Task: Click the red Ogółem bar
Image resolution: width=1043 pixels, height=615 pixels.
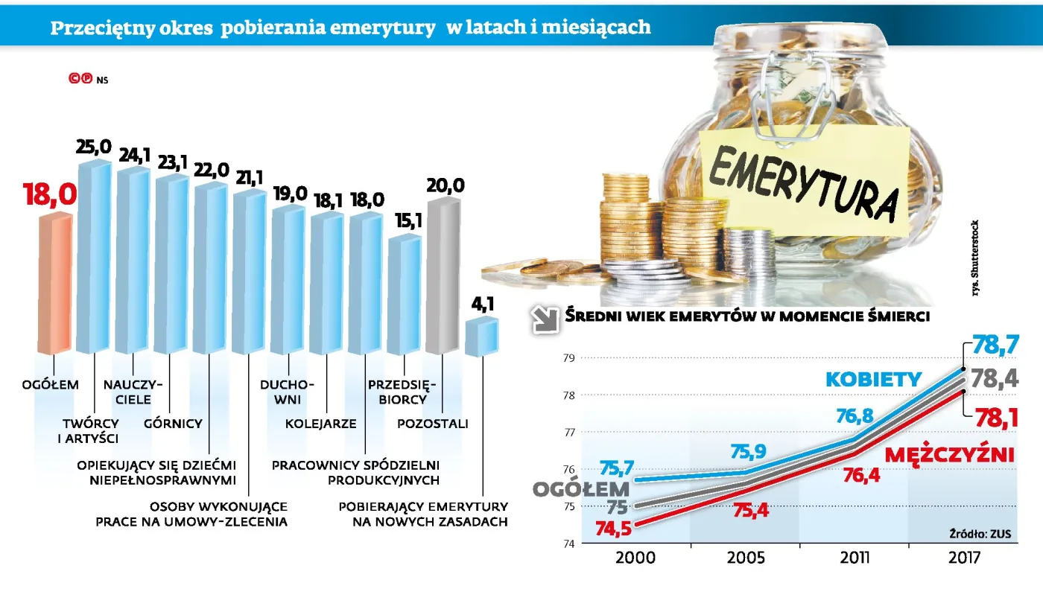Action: click(x=55, y=283)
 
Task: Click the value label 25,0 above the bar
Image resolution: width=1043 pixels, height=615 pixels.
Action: click(x=93, y=148)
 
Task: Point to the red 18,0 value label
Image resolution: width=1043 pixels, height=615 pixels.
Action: click(x=50, y=195)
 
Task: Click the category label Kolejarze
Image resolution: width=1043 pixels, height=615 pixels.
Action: click(x=321, y=424)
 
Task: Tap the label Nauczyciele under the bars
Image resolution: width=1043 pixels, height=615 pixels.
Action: click(x=133, y=392)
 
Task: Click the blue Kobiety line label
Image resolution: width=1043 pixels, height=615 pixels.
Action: click(x=873, y=380)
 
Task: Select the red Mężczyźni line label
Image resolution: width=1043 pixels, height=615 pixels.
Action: click(x=949, y=453)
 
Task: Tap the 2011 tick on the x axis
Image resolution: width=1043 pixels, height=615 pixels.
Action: click(x=854, y=558)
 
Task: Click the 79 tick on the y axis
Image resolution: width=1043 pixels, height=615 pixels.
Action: click(x=568, y=358)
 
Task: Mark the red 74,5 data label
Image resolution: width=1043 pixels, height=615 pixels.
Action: click(x=615, y=528)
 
